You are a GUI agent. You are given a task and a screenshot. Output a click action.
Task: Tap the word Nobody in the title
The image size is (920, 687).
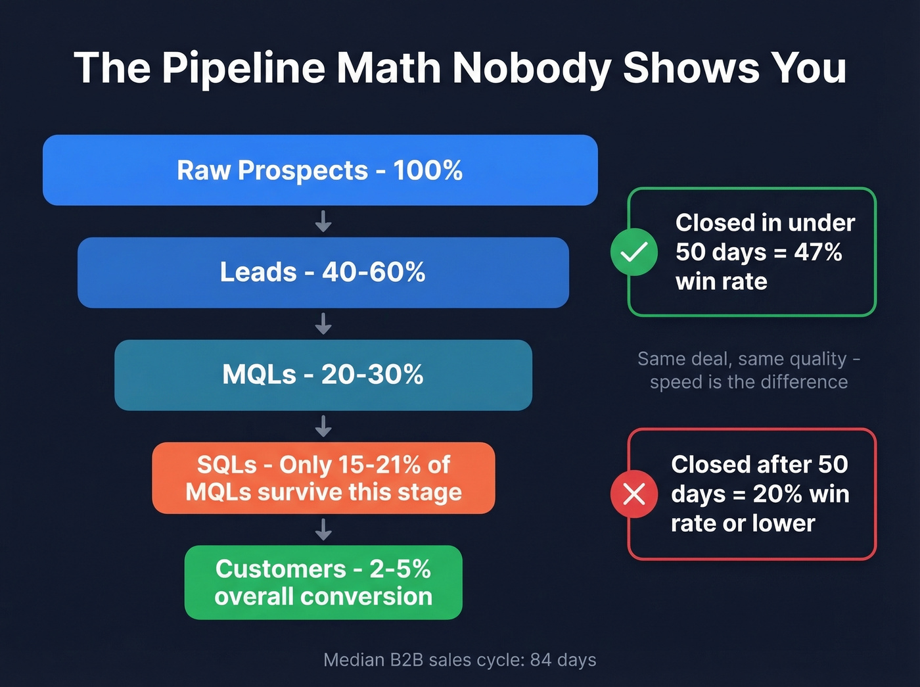[532, 68]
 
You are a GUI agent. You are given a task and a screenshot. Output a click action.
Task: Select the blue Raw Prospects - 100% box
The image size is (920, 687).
[320, 170]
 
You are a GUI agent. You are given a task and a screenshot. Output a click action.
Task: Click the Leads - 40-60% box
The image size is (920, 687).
[323, 272]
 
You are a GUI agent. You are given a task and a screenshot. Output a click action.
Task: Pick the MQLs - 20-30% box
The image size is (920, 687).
[323, 375]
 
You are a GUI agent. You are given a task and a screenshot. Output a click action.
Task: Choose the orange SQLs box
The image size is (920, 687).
[323, 478]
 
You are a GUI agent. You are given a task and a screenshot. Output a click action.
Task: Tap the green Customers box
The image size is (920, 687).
[323, 582]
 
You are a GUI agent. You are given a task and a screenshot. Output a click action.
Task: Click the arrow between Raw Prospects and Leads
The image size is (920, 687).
[323, 222]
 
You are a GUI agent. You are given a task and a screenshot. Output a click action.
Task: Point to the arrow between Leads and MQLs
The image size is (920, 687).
[323, 324]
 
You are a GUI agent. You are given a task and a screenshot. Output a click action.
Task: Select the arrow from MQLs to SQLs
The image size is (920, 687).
[323, 427]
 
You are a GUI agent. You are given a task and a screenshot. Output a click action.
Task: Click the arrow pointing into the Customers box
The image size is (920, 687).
[323, 529]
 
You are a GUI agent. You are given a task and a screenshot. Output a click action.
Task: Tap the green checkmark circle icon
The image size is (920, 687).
[634, 252]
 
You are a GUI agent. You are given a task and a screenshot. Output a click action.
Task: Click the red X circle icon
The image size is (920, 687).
[634, 494]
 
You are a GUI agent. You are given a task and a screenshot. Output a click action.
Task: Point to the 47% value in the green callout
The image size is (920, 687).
[818, 252]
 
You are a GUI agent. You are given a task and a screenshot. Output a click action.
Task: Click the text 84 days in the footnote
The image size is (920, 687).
[563, 659]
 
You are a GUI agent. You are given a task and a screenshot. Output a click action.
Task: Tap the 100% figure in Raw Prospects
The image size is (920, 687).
[428, 170]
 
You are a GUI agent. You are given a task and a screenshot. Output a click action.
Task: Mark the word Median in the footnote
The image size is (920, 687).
[354, 659]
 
